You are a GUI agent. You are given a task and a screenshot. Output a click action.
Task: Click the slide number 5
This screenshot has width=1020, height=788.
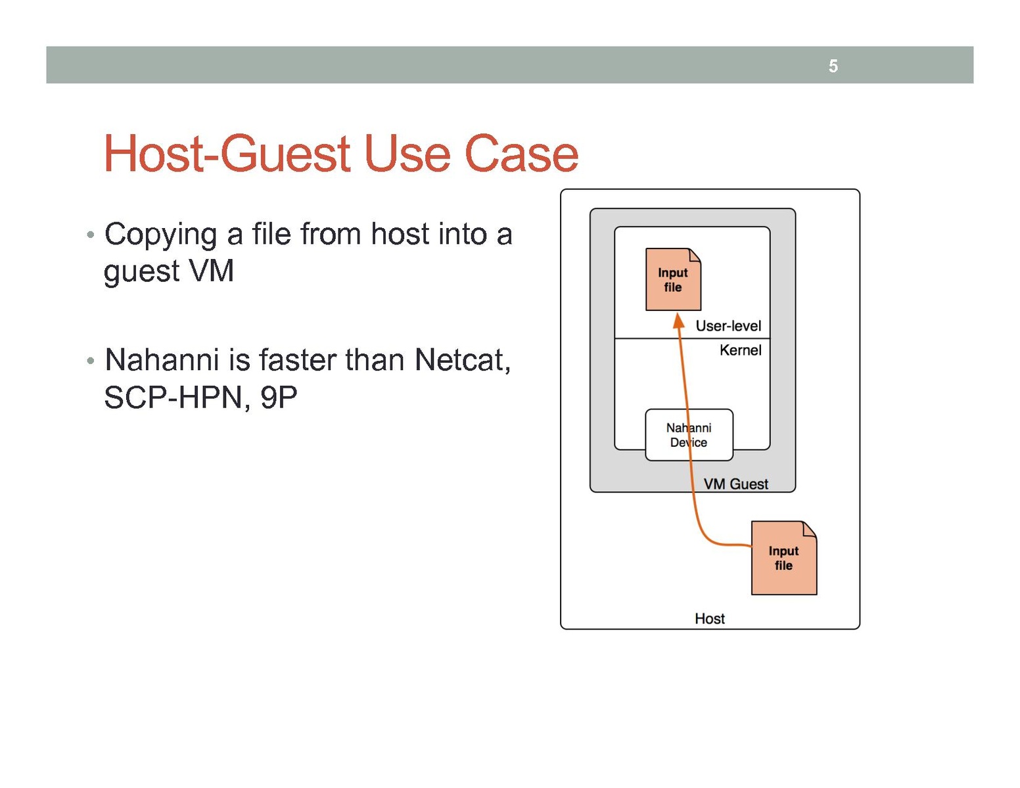click(833, 66)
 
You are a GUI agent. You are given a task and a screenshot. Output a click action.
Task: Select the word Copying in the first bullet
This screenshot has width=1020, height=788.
click(160, 235)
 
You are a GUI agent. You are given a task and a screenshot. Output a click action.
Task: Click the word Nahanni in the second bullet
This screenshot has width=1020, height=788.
click(162, 360)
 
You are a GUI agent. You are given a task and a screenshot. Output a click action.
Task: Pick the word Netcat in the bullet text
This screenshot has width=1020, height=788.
click(462, 360)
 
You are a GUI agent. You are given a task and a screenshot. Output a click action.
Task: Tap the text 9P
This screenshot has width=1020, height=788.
click(279, 397)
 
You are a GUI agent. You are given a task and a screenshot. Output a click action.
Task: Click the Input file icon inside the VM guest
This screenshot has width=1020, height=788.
click(672, 280)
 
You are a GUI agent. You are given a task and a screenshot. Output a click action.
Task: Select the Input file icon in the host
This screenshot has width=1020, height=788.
click(783, 559)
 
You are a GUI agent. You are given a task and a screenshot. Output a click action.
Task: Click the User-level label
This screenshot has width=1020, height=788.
click(728, 326)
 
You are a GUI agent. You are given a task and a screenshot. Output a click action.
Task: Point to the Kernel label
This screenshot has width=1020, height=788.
click(740, 350)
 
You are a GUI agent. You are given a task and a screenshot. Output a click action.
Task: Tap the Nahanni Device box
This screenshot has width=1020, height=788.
click(689, 435)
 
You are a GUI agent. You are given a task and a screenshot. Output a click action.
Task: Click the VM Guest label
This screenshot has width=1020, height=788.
click(735, 484)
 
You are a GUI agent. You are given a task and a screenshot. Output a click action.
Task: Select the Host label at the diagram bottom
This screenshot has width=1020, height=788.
click(709, 618)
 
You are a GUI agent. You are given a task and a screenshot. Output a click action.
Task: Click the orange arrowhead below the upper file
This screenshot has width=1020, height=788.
click(679, 321)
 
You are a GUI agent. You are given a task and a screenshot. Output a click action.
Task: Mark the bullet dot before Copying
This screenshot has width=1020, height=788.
click(91, 235)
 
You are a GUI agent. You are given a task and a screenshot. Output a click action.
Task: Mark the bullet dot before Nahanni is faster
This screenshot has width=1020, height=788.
click(91, 361)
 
